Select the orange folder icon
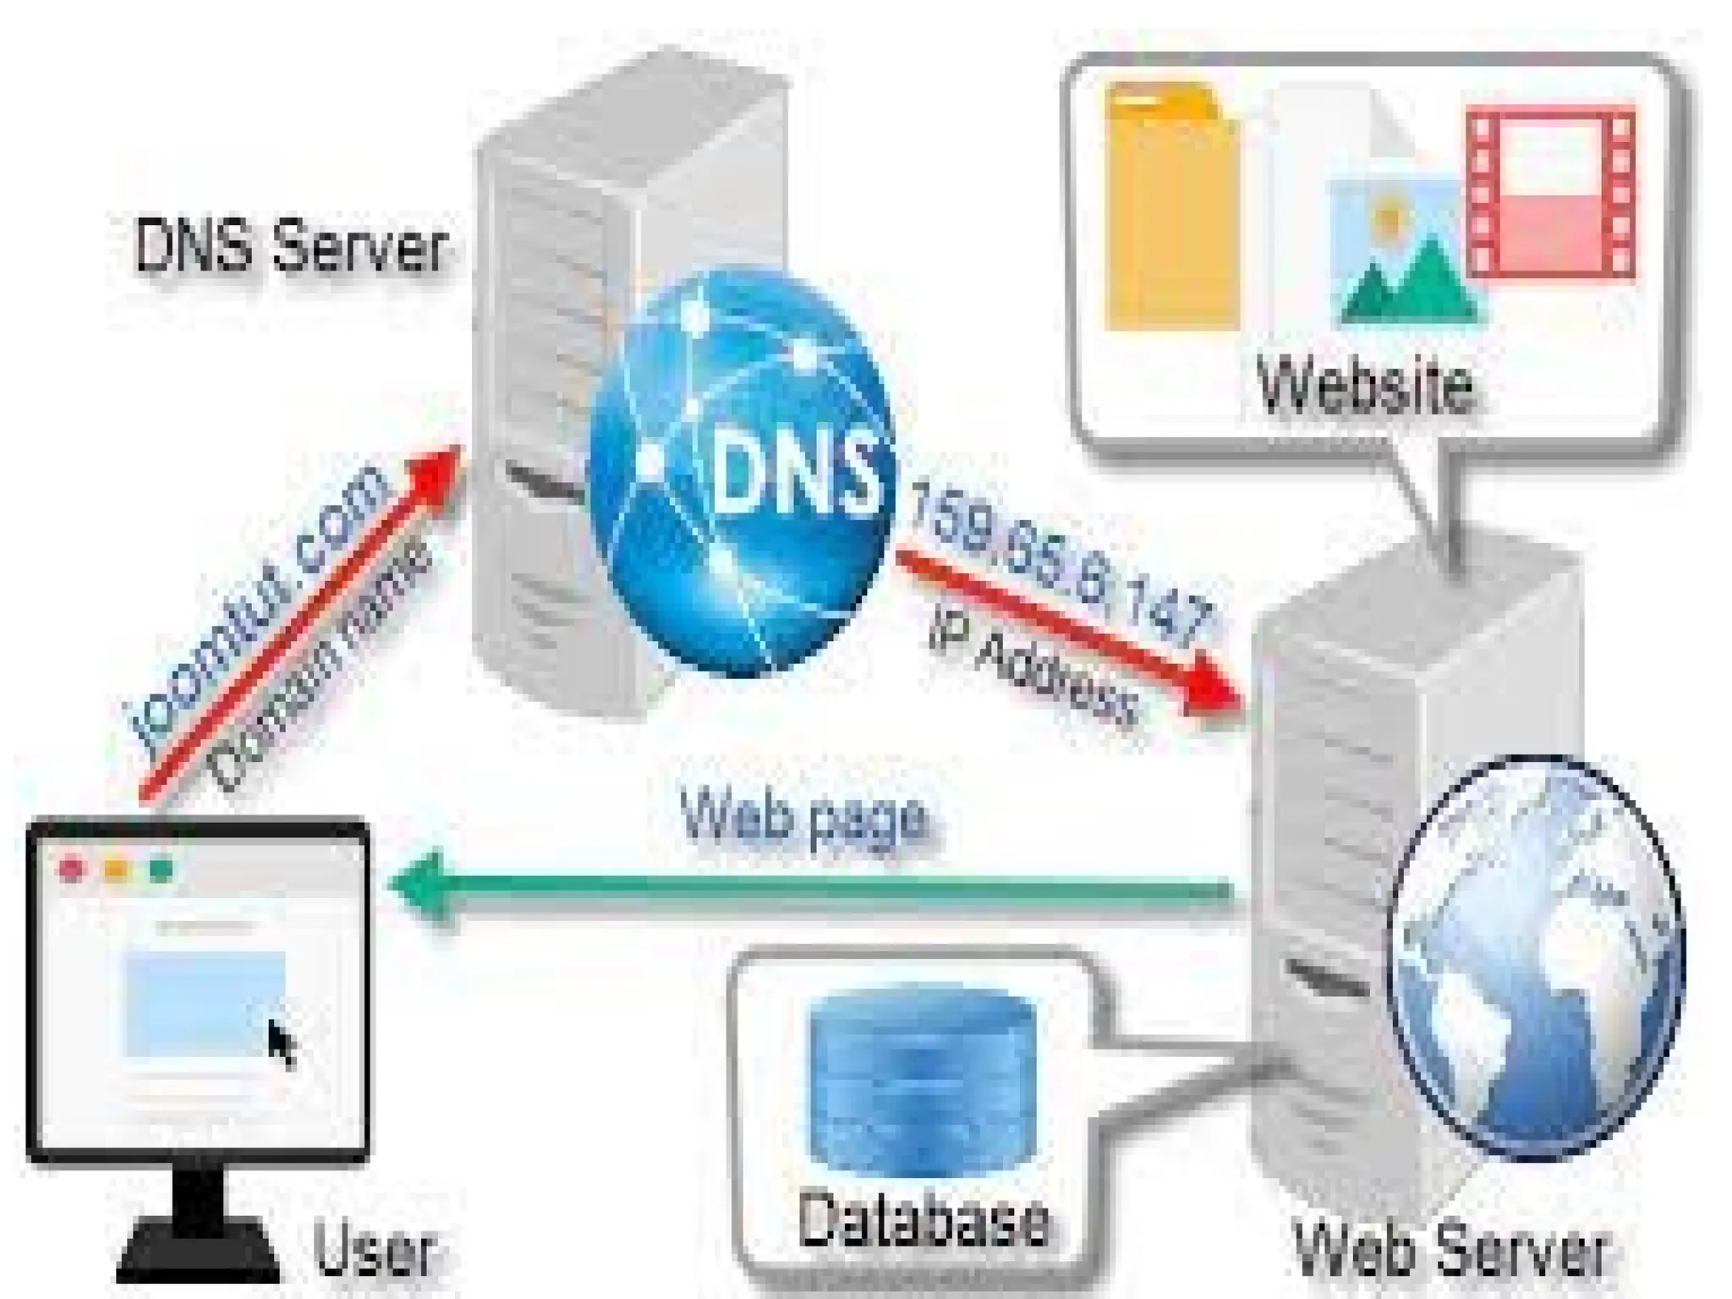(1171, 207)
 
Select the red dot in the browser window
(72, 869)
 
